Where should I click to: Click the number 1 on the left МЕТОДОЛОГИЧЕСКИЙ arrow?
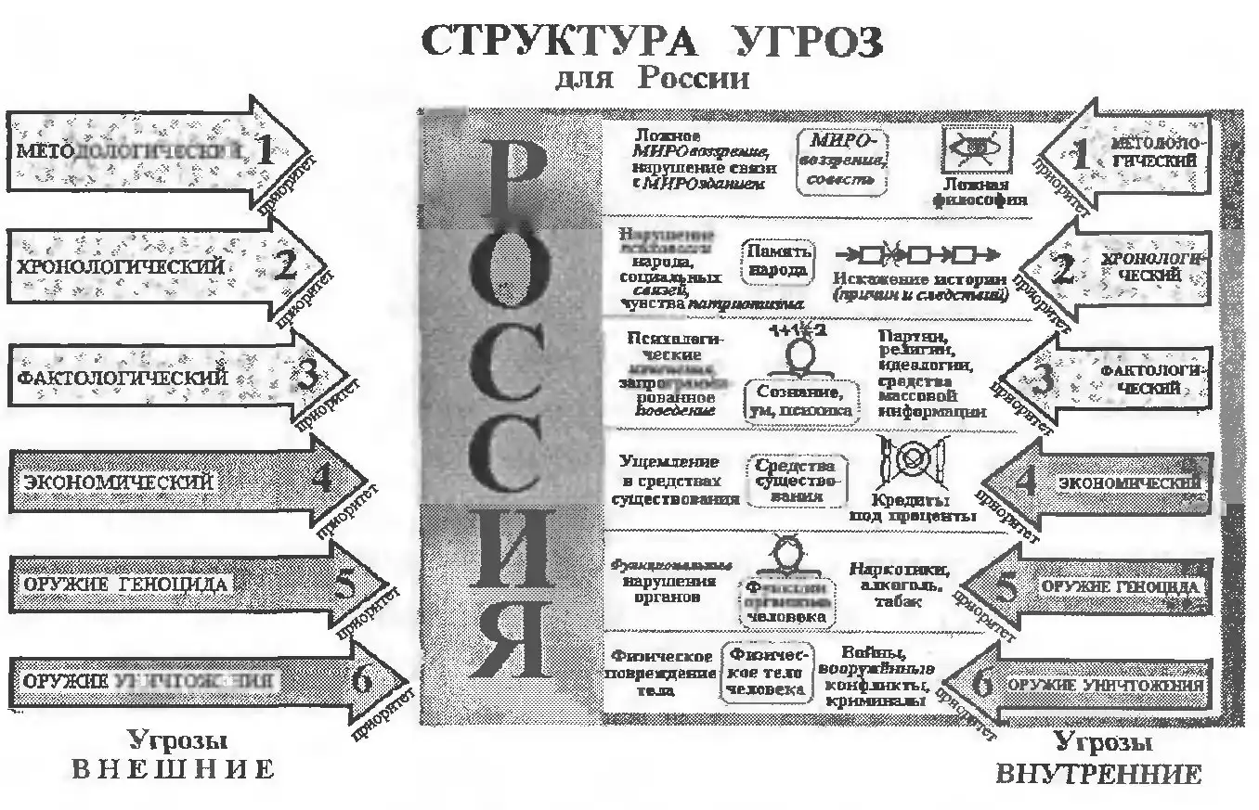coord(266,150)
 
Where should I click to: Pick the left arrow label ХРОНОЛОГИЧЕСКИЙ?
coord(121,266)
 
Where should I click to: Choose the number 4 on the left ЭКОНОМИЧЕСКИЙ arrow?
coord(321,478)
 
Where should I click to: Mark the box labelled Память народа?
coord(777,262)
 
